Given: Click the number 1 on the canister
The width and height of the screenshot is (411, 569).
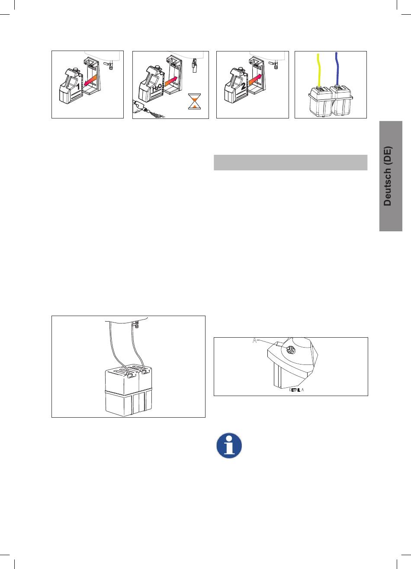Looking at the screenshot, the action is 78,86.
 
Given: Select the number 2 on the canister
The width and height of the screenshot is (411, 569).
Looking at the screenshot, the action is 244,86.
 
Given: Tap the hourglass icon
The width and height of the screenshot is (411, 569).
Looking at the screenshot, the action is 194,101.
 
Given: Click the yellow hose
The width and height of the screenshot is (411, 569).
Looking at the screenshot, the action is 318,70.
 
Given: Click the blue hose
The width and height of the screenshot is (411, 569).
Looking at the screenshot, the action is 337,69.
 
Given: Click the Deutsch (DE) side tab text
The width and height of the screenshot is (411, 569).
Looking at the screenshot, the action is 388,176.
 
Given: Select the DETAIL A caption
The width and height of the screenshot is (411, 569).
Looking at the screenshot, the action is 296,390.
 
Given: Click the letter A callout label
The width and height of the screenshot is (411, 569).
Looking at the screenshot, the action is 254,340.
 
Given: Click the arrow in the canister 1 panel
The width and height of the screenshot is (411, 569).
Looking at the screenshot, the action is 90,80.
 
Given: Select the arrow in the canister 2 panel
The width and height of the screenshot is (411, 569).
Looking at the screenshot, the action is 255,79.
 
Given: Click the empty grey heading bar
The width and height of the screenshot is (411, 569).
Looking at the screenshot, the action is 291,163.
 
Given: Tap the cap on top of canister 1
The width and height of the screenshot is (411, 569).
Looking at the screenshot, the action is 75,69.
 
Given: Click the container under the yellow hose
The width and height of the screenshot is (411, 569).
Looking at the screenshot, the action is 320,101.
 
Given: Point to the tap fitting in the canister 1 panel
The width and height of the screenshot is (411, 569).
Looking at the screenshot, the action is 110,65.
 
